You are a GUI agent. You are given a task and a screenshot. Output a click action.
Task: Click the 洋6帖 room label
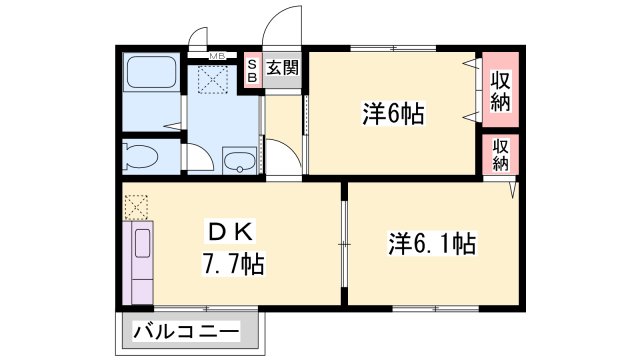[x=393, y=114]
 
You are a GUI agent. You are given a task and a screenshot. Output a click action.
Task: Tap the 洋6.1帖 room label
[x=432, y=242]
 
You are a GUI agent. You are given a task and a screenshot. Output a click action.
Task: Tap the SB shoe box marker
[x=252, y=70]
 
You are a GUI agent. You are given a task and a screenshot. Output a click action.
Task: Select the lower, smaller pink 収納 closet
[x=501, y=154]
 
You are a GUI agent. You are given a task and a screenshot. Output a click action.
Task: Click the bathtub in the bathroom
[x=151, y=78]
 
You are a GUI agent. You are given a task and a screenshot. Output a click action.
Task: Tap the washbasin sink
[x=238, y=160]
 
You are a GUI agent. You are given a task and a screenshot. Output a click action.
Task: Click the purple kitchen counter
[x=139, y=263]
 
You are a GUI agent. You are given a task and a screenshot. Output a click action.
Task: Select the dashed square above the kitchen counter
[x=135, y=207]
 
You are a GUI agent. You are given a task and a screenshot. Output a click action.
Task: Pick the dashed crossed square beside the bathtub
[x=214, y=78]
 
